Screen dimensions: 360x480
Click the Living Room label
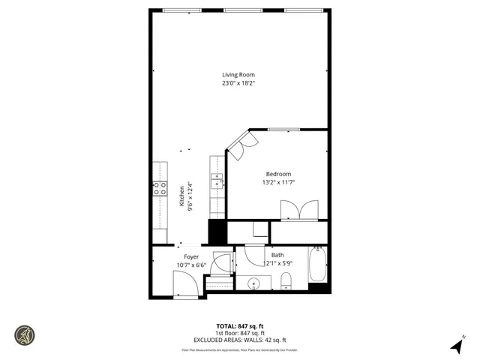(x=238, y=74)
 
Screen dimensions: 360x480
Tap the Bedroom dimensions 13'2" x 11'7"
(x=277, y=182)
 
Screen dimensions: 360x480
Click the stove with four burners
(x=160, y=188)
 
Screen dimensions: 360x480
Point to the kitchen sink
(x=216, y=181)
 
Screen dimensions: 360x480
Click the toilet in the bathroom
(x=286, y=281)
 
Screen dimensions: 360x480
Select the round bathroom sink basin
(x=254, y=283)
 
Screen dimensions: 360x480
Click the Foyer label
(x=191, y=256)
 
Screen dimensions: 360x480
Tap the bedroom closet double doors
(x=298, y=210)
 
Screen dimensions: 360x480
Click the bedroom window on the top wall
(x=279, y=130)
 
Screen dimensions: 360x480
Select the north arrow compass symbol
(x=456, y=344)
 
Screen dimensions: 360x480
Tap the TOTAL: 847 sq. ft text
(x=239, y=326)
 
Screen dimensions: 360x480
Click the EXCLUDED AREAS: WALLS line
(x=239, y=340)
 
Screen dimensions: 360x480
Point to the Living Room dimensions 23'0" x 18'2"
(x=238, y=83)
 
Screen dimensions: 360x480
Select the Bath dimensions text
(x=277, y=263)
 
